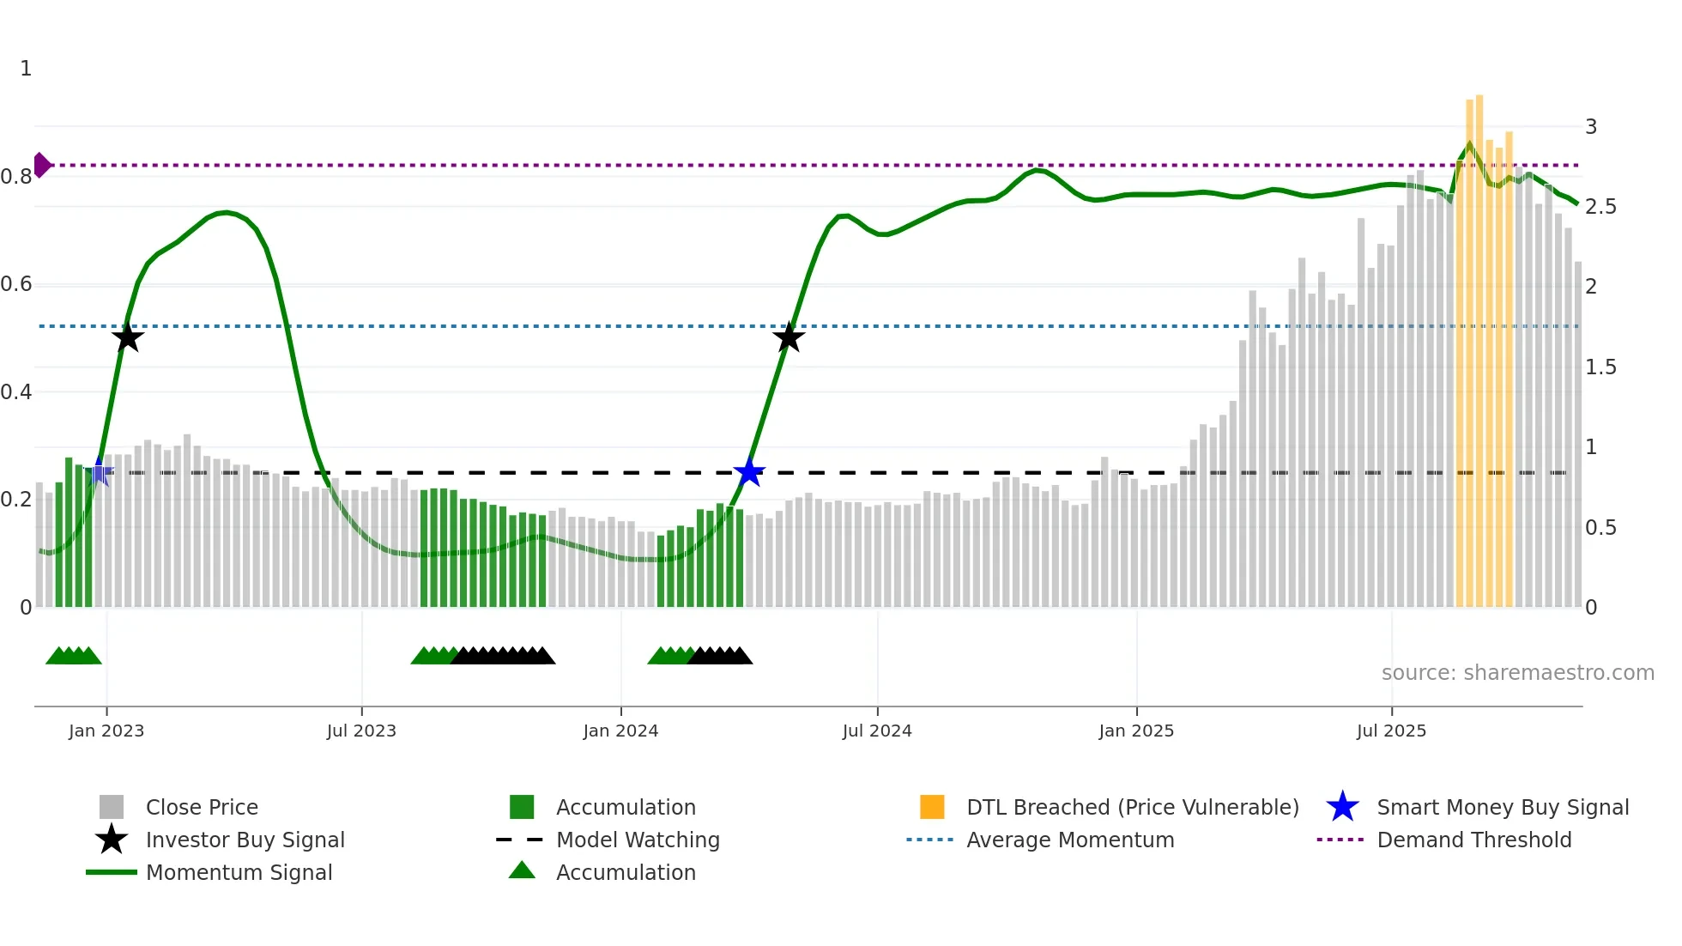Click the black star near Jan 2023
127,337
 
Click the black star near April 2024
789,337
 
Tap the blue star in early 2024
749,472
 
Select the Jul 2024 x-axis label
877,731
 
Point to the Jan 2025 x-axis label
1136,731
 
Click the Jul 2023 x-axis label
361,731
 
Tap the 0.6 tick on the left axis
17,284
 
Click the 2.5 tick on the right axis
1600,207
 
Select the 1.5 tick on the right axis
1600,367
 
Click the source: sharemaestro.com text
1517,673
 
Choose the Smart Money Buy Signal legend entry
1502,807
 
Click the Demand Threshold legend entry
1473,840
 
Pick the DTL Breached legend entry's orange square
932,807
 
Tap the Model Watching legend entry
637,840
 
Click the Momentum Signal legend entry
239,872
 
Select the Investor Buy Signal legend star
112,840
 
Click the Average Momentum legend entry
1069,840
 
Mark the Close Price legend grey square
112,807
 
